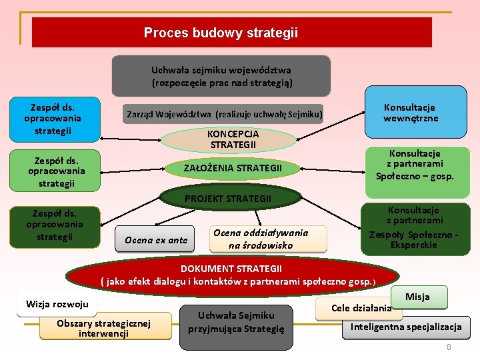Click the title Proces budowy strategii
(221, 33)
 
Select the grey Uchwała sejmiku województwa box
(221, 76)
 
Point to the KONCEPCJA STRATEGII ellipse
(229, 139)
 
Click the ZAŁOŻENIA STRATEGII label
(233, 168)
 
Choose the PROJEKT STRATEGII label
(228, 199)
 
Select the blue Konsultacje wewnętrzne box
(410, 113)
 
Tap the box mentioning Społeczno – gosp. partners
(415, 165)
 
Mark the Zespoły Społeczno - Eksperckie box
(415, 228)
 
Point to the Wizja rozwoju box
(57, 305)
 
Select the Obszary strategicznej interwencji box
(103, 328)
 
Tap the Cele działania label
(361, 308)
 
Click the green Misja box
(417, 297)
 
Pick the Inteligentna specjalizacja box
(406, 327)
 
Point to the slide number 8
(449, 347)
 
